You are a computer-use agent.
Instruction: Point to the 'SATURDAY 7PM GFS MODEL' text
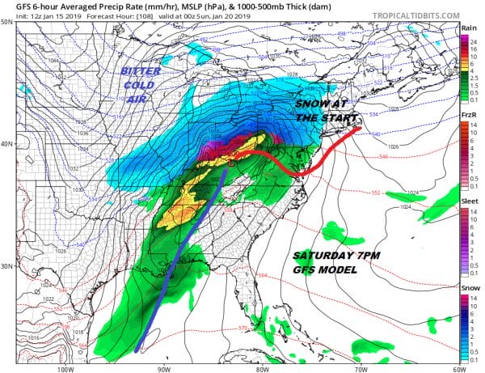(332, 261)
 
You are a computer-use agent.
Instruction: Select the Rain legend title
(467, 28)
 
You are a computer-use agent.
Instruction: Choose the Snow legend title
(467, 290)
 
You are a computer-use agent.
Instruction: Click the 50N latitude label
(6, 22)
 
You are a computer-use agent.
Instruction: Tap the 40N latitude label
(6, 144)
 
